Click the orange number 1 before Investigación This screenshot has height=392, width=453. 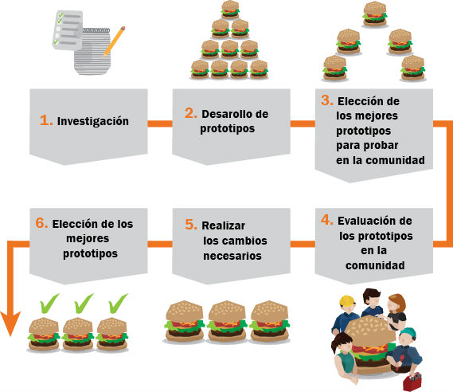pos(46,120)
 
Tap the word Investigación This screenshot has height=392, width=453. pos(93,121)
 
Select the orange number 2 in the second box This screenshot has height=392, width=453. pos(191,113)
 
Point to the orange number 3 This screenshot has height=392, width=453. pos(327,100)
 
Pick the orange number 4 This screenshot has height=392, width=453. pos(327,220)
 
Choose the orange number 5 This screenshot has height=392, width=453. pos(191,225)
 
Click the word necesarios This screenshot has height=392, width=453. pos(232,256)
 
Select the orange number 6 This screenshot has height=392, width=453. pos(41,223)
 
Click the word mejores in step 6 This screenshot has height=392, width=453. pos(88,239)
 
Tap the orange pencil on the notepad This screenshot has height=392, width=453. pos(114,41)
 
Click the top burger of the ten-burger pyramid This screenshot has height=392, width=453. pos(230,10)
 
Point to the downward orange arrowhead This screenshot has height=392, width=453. pos(10,323)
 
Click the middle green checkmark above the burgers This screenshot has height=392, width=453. pos(84,304)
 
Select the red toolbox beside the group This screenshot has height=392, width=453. pos(412,382)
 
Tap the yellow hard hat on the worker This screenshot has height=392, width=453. pos(347,301)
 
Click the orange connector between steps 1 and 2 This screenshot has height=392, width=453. pos(160,123)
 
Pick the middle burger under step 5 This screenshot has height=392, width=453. pos(227,321)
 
